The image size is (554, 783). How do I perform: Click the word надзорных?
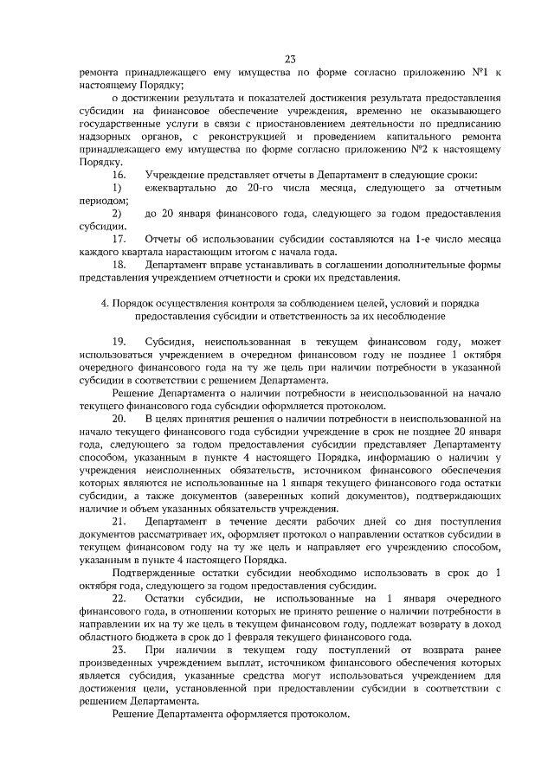pos(109,136)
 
